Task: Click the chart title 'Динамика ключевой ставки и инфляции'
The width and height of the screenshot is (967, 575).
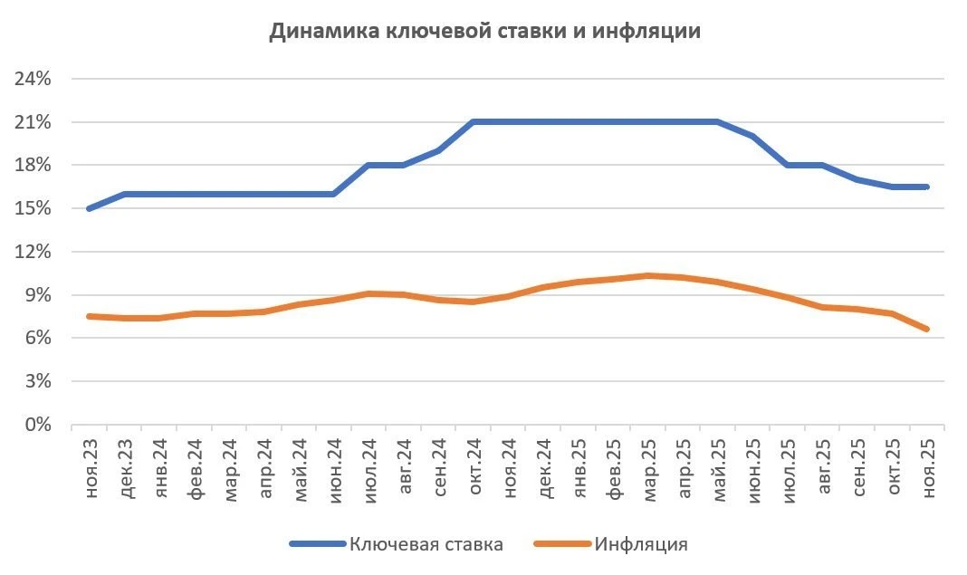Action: coord(484,32)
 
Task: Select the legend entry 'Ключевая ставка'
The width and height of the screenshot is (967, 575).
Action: coord(426,544)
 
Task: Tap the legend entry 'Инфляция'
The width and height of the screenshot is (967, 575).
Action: coord(641,544)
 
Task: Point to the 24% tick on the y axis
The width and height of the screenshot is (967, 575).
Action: coord(33,79)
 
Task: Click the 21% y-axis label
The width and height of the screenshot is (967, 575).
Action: coord(33,122)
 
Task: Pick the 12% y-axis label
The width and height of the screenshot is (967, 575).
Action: coord(33,252)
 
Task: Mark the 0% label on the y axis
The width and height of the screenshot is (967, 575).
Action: coord(37,425)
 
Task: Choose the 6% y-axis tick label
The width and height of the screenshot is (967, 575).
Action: coord(37,339)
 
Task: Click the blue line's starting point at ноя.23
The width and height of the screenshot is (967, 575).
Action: coord(89,208)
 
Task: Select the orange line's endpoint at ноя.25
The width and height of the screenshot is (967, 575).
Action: coord(927,330)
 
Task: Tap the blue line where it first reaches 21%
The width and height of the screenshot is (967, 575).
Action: coord(474,122)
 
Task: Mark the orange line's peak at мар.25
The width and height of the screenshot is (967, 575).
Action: coord(648,275)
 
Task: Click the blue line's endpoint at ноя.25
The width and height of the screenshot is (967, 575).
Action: coord(927,187)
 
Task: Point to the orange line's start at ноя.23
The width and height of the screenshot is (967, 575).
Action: coord(89,316)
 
